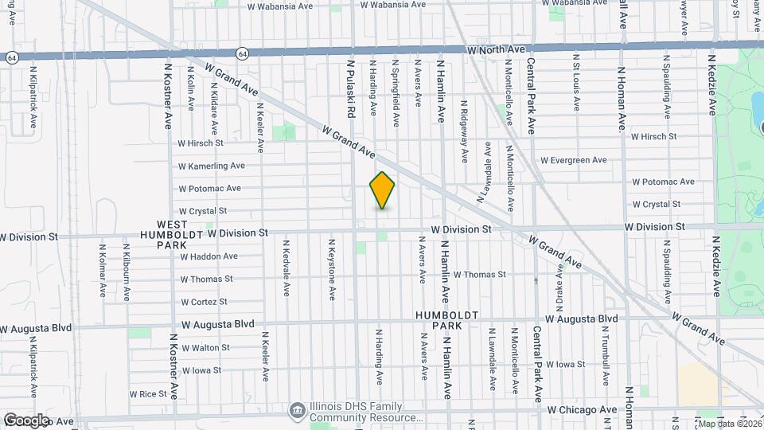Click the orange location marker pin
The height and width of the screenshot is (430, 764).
point(382,190)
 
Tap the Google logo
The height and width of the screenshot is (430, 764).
point(26,420)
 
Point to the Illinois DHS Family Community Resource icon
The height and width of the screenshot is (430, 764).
point(297,409)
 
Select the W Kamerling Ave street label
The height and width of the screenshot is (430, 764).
point(212,166)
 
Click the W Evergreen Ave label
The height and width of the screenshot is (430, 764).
point(573,161)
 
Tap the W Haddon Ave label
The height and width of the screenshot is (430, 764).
point(209,256)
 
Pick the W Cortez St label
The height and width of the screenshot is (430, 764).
point(204,302)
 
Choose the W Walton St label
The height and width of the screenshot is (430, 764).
point(205,348)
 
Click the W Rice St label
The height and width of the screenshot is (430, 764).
point(147,394)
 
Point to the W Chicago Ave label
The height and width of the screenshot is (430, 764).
point(583,410)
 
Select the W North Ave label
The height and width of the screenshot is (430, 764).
point(497,49)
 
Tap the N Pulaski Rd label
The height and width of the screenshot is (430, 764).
point(349,88)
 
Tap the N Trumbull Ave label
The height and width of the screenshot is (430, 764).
point(606,358)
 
